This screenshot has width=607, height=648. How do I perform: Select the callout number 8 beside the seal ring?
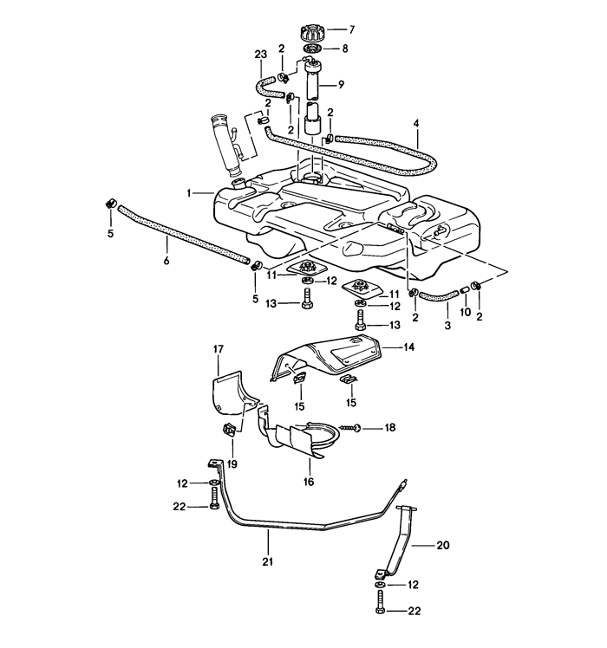[x=345, y=49]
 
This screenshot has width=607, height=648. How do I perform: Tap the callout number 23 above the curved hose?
[x=261, y=55]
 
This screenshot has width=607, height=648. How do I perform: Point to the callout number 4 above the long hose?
[x=416, y=123]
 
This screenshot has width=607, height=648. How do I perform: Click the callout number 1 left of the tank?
[x=189, y=193]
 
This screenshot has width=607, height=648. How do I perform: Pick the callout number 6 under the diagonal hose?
[x=166, y=261]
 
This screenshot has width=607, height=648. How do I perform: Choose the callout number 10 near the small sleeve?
[x=466, y=312]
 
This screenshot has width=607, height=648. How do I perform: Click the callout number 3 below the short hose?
[x=447, y=326]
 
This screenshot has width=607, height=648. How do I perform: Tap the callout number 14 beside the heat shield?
[x=408, y=347]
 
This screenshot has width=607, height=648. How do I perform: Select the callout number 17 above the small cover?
[x=219, y=350]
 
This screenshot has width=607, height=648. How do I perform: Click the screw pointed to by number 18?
[x=349, y=428]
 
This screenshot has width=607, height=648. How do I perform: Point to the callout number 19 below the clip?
[x=232, y=464]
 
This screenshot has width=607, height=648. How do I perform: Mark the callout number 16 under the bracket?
[x=309, y=482]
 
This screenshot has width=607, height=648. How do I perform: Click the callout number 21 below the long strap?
[x=268, y=561]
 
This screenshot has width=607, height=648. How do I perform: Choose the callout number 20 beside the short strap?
[x=443, y=546]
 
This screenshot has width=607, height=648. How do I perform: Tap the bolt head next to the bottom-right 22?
[x=381, y=611]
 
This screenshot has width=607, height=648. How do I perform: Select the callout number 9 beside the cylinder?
[x=341, y=85]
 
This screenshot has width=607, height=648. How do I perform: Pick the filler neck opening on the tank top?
[x=238, y=183]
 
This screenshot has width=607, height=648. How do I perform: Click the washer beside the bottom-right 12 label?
[x=381, y=585]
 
